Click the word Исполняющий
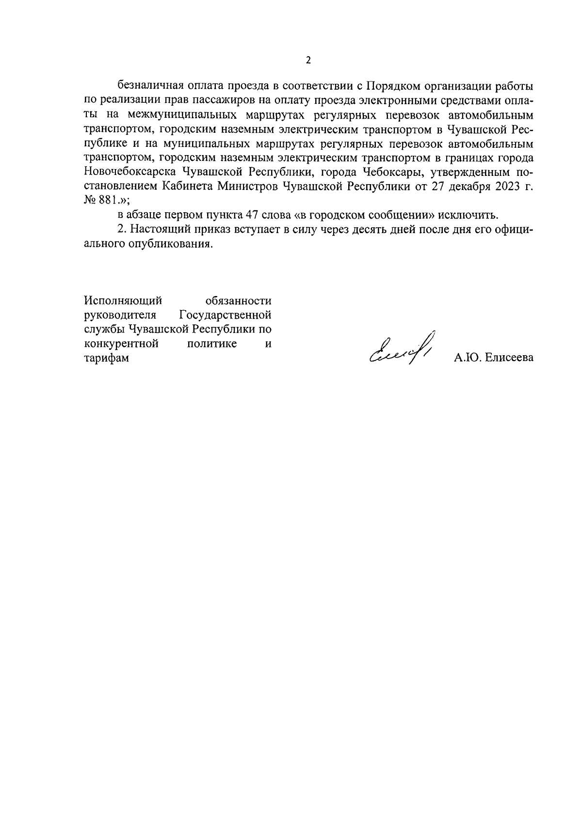point(123,301)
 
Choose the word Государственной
point(225,315)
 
